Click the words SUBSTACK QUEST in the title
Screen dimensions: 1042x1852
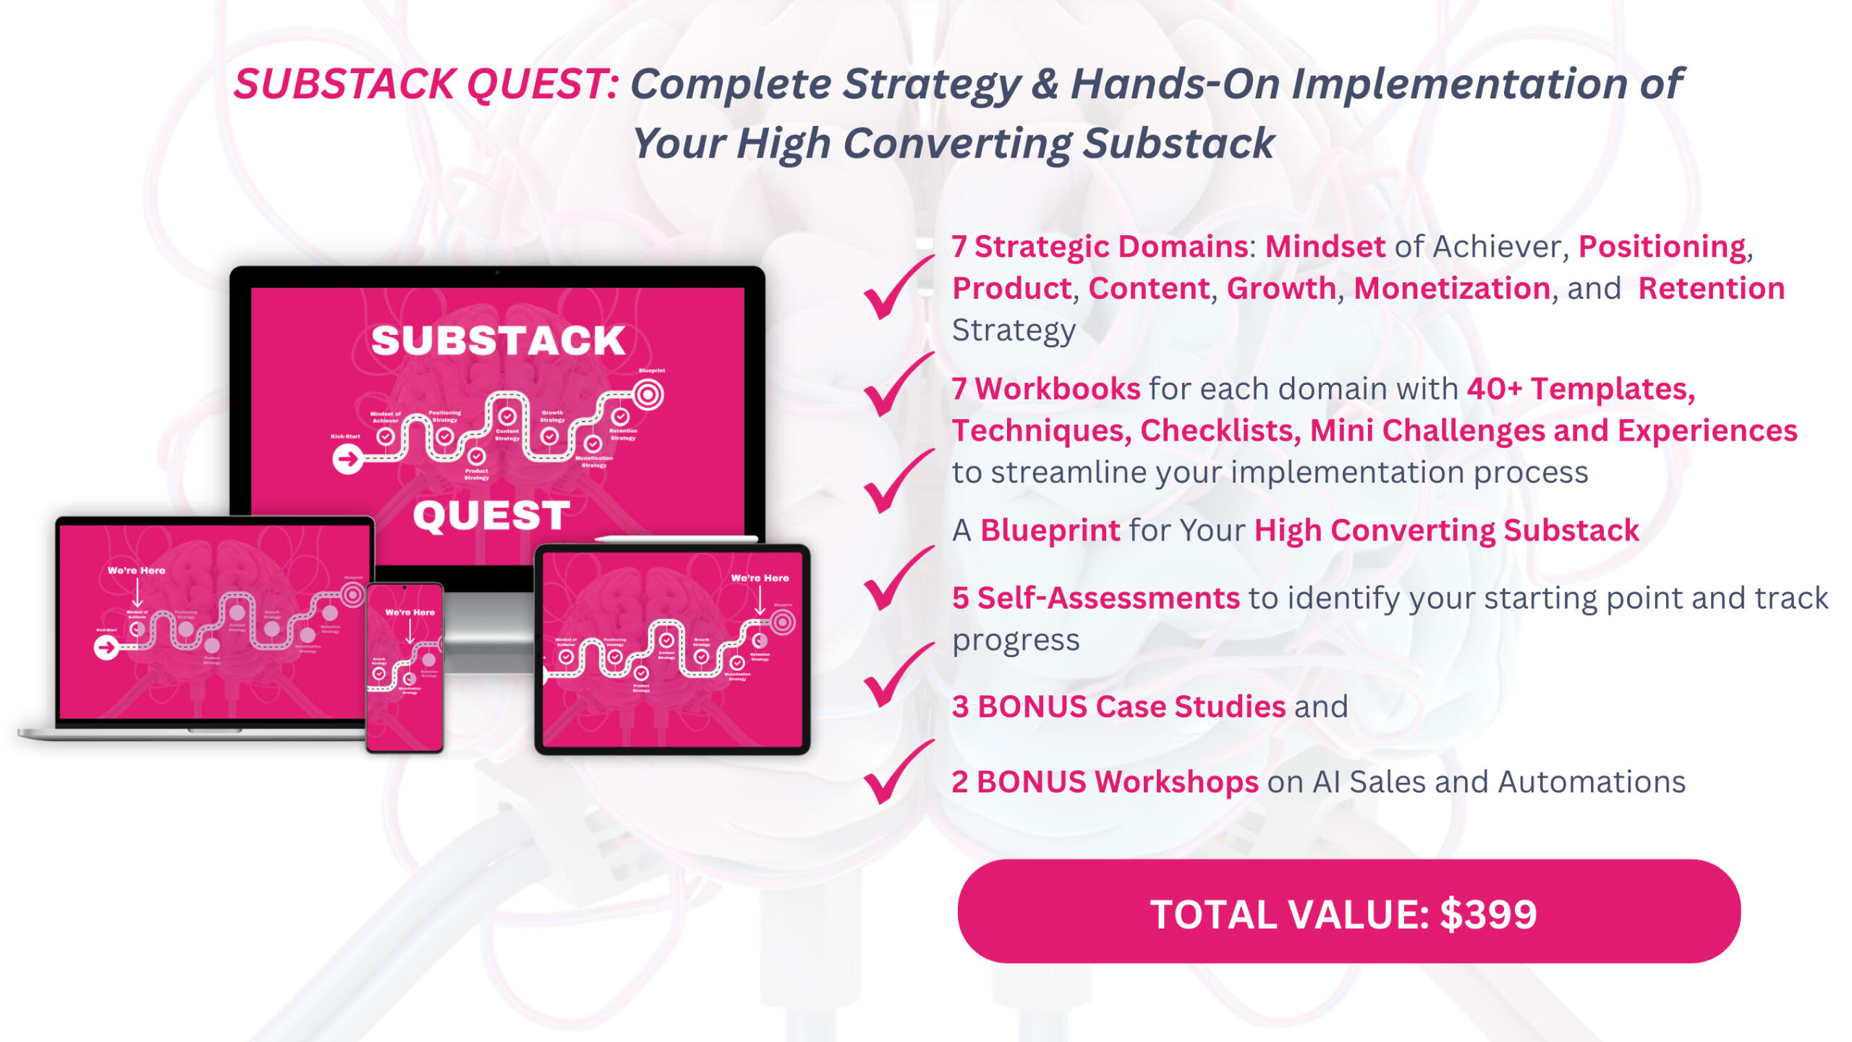[425, 84]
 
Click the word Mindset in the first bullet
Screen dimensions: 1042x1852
[1324, 247]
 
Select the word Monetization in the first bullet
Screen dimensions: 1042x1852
[1451, 289]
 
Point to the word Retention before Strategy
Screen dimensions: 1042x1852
[1711, 289]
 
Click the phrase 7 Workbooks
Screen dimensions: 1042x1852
[1046, 389]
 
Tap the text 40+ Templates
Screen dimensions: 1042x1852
[1580, 389]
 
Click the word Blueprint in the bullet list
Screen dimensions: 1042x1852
[1050, 530]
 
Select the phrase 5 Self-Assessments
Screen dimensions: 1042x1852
[1095, 598]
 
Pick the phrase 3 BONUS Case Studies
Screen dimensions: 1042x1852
[1118, 707]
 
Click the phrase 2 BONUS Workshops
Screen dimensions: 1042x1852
[1105, 782]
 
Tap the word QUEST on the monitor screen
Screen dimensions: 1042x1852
[491, 516]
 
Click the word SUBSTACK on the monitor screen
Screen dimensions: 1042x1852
[498, 341]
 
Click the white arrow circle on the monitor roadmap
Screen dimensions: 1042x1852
[348, 459]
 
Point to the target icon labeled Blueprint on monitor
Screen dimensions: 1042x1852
[648, 395]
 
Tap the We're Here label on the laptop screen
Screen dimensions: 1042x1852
[136, 571]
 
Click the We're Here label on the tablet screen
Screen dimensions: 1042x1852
[760, 578]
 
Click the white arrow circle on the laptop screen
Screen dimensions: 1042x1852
[107, 647]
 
